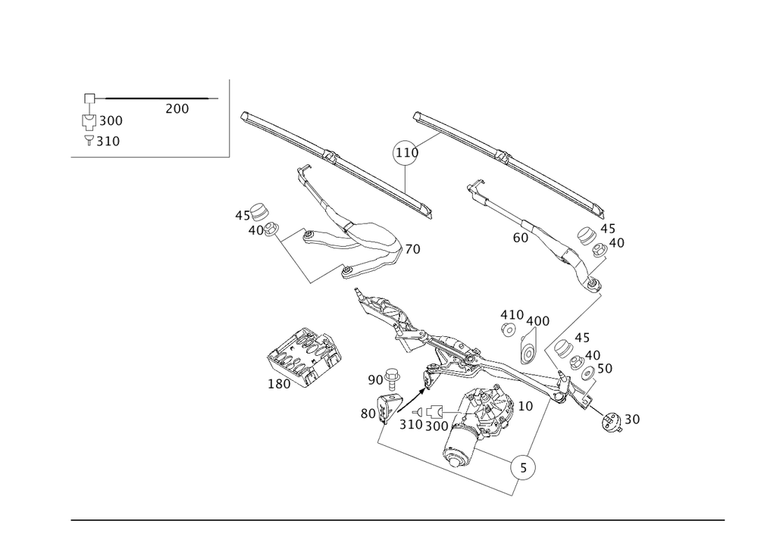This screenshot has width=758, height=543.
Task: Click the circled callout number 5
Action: (x=523, y=467)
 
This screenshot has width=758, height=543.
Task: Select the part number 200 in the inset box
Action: (x=177, y=109)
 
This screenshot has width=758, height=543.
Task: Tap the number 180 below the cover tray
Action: (x=279, y=383)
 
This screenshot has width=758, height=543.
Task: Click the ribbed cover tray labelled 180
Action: (x=304, y=356)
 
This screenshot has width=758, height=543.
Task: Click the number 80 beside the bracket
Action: (x=368, y=413)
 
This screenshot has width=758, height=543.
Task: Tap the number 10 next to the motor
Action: (x=525, y=406)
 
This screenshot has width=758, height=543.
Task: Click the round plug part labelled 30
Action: (x=612, y=423)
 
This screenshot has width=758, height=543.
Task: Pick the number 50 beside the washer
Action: (x=605, y=369)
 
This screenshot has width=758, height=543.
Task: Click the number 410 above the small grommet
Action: (x=512, y=315)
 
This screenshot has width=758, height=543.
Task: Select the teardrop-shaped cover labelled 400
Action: (x=528, y=346)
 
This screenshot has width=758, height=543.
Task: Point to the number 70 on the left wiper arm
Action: (x=412, y=249)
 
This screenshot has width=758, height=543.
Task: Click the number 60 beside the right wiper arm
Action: (x=521, y=238)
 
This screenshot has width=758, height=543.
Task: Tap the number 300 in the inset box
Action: (x=111, y=120)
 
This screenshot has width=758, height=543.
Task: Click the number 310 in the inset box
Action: (x=108, y=141)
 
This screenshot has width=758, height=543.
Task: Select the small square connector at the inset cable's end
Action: (x=90, y=98)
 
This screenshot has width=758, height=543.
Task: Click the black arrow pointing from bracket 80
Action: (x=411, y=399)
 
